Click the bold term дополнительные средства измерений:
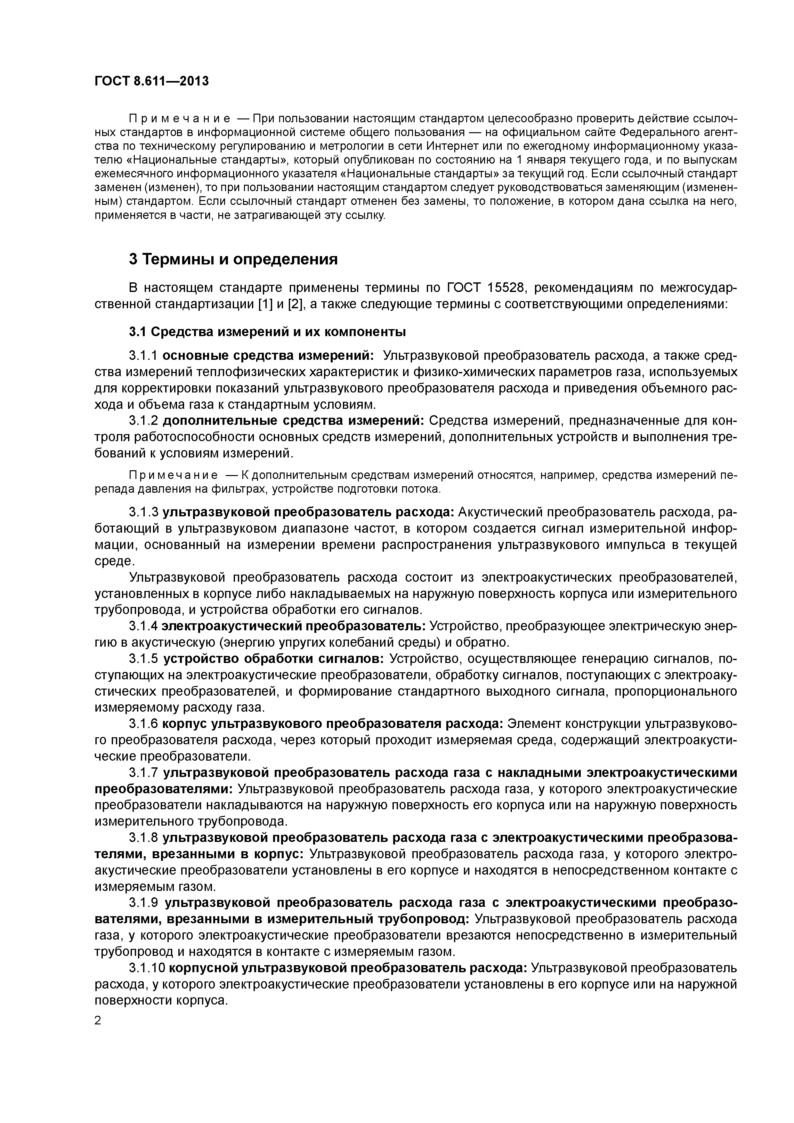[294, 421]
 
